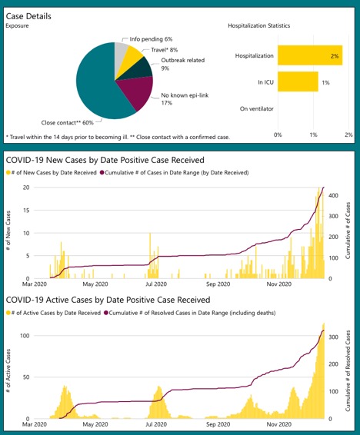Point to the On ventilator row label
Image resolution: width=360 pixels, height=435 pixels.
[255, 109]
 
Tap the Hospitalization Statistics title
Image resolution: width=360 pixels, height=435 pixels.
[259, 25]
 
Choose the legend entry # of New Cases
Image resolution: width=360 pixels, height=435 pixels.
[54, 173]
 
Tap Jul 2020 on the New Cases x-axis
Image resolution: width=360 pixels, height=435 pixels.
[156, 284]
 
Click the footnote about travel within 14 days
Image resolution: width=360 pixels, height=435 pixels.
[117, 137]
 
